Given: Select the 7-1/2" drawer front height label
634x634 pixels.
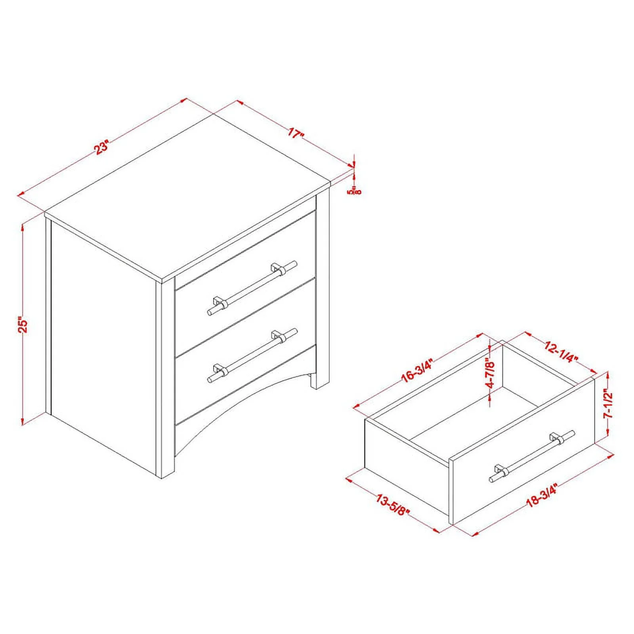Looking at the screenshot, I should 608,403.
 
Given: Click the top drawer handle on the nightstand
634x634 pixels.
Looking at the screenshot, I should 252,287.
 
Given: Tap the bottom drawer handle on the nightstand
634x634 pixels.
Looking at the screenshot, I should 252,355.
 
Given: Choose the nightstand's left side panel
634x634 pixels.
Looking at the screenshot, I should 103,341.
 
